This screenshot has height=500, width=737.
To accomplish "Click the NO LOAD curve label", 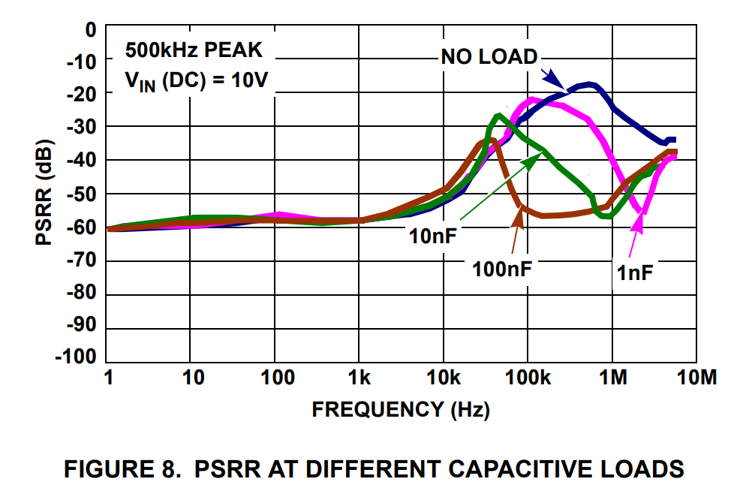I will pyautogui.click(x=489, y=57).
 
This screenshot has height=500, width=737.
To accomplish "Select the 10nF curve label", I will pyautogui.click(x=433, y=236).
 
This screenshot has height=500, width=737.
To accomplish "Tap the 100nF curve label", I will pyautogui.click(x=502, y=268).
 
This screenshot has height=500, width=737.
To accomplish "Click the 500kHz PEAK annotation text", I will pyautogui.click(x=194, y=52).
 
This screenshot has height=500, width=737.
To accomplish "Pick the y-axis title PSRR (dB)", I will pyautogui.click(x=44, y=192).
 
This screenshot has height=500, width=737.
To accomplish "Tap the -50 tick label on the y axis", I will pyautogui.click(x=81, y=194).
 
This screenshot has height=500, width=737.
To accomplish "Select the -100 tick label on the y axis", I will pyautogui.click(x=76, y=357).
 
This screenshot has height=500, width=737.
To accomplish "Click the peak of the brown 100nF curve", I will pyautogui.click(x=489, y=140).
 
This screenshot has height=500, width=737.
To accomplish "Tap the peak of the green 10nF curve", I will pyautogui.click(x=499, y=116).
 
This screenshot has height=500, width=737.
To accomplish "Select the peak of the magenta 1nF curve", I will pyautogui.click(x=533, y=99).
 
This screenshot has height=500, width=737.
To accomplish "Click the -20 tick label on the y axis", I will pyautogui.click(x=81, y=94).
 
